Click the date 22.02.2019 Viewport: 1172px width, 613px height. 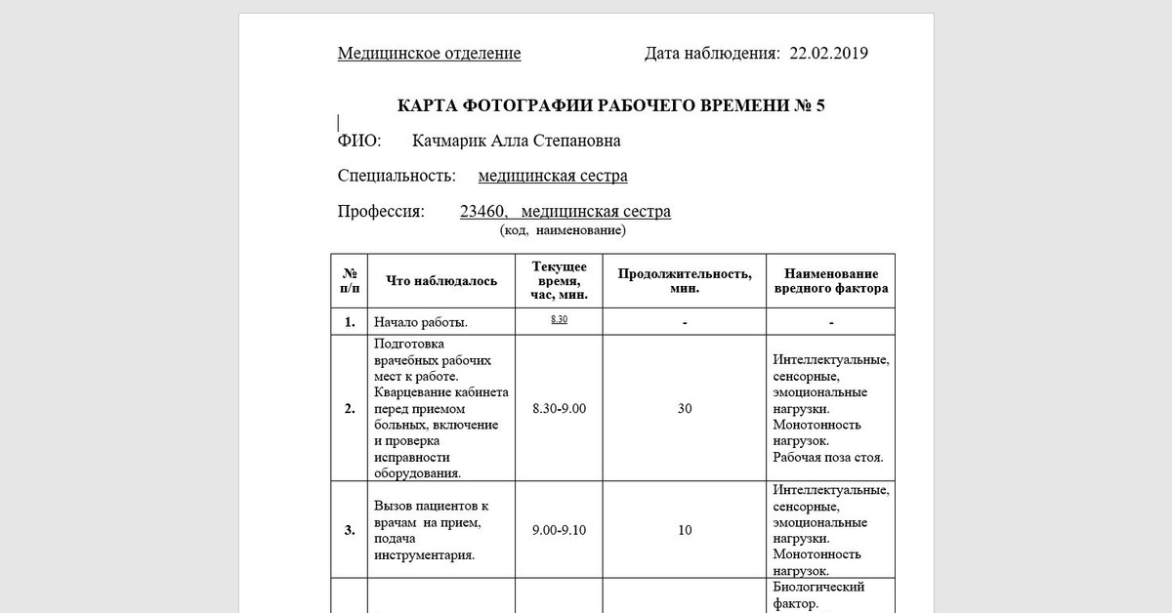pos(829,54)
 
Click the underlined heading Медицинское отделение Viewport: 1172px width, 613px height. pos(429,54)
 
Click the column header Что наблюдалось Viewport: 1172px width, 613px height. pos(441,281)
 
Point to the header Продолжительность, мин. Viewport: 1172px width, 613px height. pos(685,281)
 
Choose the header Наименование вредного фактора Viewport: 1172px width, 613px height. pos(831,281)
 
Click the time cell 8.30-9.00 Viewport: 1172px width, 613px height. pos(559,409)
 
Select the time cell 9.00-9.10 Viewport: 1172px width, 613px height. pos(559,530)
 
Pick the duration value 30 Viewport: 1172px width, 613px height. pos(685,409)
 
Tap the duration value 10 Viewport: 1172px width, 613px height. pos(685,530)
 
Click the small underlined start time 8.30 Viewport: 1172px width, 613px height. pos(559,320)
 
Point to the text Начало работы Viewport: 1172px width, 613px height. pos(421,322)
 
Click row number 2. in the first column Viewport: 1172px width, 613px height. pos(350,409)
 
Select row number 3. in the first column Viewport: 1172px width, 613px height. pos(350,530)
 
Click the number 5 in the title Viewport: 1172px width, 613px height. pos(819,105)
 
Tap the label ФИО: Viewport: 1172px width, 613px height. pos(359,142)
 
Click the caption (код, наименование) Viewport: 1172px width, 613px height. pos(563,231)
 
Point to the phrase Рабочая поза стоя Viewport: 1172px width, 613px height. pos(827,457)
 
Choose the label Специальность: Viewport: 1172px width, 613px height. pos(397,177)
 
